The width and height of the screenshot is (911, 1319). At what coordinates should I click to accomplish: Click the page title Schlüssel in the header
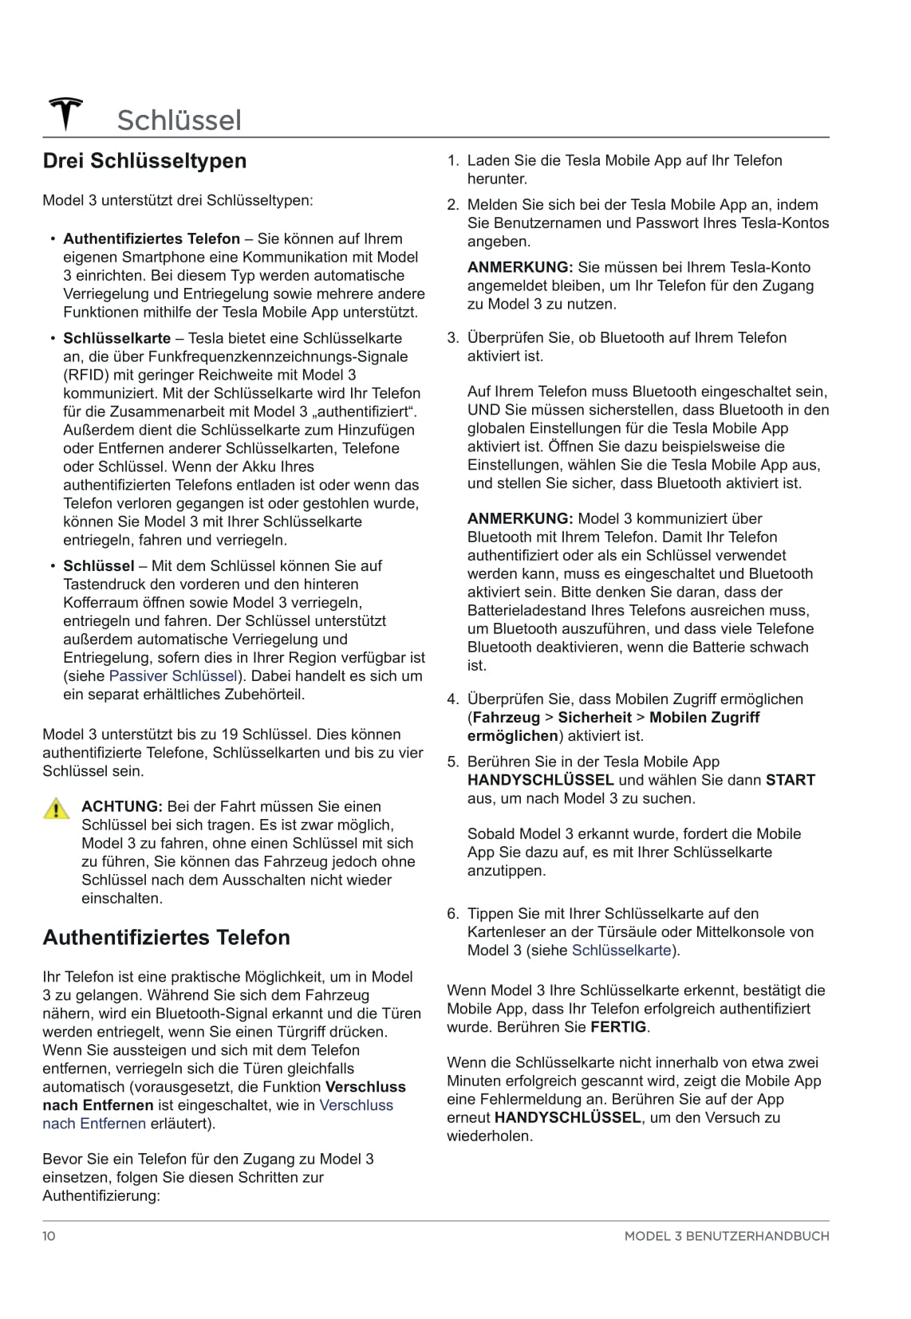[x=179, y=120]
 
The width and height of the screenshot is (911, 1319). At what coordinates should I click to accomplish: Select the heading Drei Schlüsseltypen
[x=144, y=161]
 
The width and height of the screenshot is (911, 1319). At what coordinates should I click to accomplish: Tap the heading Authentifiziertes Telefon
[x=166, y=937]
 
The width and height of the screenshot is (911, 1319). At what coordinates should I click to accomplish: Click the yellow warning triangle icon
[x=57, y=809]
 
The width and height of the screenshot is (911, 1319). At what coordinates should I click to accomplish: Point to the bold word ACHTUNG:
[x=122, y=807]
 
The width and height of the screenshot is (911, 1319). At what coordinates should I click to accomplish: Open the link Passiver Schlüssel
[x=173, y=676]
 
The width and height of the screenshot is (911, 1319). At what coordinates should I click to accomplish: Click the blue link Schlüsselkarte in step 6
[x=621, y=951]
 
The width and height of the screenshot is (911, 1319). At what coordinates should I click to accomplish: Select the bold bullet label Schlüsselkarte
[x=116, y=339]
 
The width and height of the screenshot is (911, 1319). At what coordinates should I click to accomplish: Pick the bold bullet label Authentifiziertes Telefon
[x=152, y=239]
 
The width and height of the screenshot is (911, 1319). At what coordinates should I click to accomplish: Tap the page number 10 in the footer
[x=49, y=1236]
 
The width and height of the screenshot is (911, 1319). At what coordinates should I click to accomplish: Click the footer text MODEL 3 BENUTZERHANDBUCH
[x=726, y=1236]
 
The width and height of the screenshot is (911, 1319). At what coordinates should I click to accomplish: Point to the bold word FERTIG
[x=618, y=1028]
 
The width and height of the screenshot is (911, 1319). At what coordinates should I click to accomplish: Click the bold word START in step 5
[x=790, y=781]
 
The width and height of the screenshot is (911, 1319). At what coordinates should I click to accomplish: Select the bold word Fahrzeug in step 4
[x=507, y=718]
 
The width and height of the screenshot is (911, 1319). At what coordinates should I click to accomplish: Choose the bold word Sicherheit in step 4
[x=594, y=718]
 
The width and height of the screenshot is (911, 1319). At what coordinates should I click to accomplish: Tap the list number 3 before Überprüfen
[x=452, y=338]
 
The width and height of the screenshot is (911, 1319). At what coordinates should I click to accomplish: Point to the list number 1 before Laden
[x=452, y=161]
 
